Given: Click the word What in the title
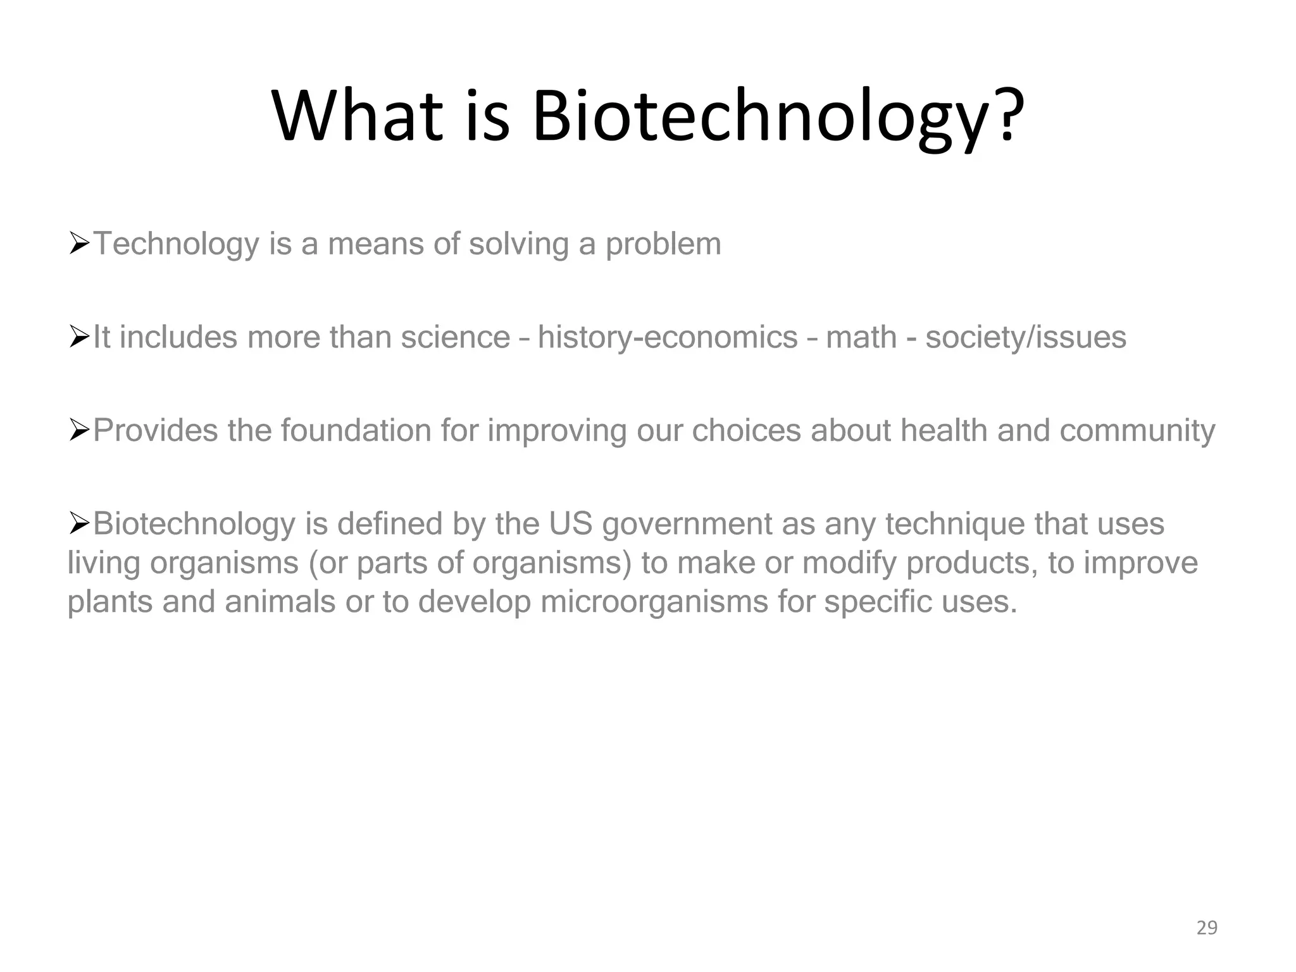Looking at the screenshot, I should [358, 118].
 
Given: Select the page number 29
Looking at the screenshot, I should [1207, 928].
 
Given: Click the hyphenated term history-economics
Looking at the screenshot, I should [668, 337].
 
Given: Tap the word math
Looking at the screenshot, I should [861, 337].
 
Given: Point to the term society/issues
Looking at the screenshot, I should [1026, 337].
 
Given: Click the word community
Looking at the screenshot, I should [1137, 431].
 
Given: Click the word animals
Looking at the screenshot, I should [280, 601].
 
